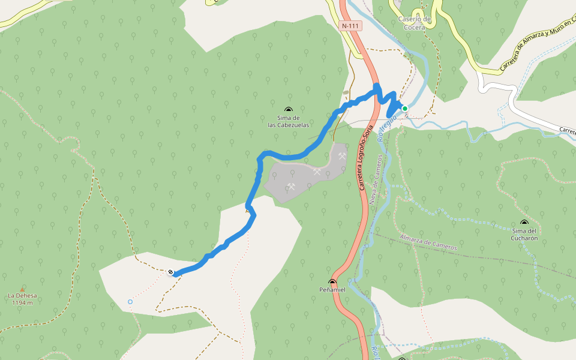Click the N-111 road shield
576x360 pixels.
pos(351,26)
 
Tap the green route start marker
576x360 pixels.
pos(405,109)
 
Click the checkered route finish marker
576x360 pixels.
pos(171,272)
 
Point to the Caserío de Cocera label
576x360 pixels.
pos(415,23)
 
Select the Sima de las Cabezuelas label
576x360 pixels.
pos(289,121)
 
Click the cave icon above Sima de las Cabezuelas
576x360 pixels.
pos(289,110)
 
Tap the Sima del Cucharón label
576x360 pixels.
pos(524,234)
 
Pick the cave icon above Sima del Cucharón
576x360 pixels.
pos(524,223)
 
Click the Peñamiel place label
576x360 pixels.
pos(332,290)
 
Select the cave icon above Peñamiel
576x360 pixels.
pos(332,281)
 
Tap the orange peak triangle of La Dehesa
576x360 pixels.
pos(23,289)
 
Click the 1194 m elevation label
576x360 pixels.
pos(22,302)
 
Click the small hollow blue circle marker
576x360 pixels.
pos(130,302)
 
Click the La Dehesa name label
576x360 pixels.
pos(22,296)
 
